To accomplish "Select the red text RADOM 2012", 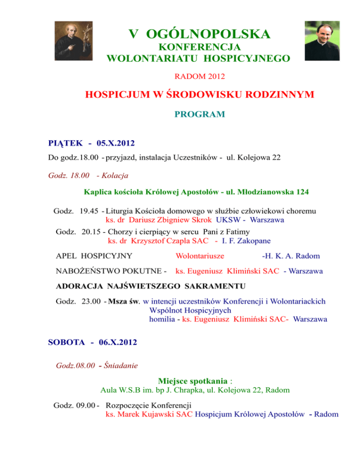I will [193, 75].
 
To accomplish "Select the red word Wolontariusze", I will [199, 256].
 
